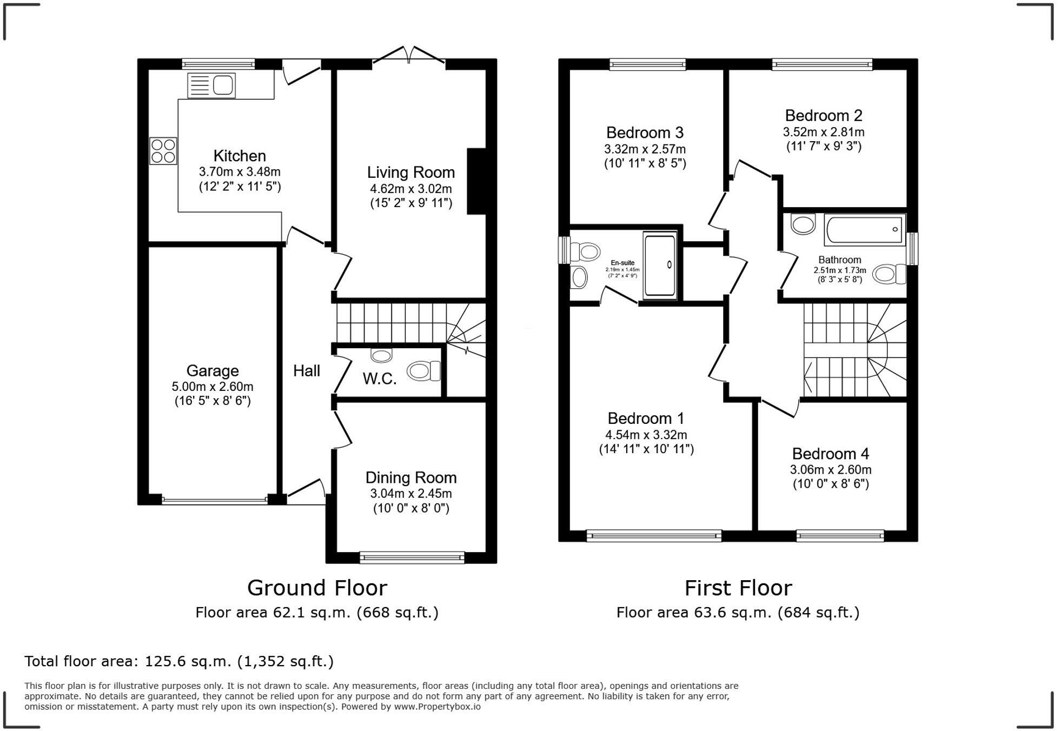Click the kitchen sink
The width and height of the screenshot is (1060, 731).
pos(211,85)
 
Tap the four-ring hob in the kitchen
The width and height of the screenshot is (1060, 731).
pos(163,151)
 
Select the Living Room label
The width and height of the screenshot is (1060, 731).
pos(411,172)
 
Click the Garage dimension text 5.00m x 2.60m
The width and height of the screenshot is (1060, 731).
pos(213,387)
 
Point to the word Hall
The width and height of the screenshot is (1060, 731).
pos(307,371)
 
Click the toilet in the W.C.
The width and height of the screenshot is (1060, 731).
pos(423,371)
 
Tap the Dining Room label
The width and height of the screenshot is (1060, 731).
pos(411,477)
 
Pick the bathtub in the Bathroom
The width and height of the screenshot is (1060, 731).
pos(865,230)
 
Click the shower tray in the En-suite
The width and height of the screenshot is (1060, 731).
pos(660,265)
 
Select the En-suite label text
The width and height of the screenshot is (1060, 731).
pos(622,263)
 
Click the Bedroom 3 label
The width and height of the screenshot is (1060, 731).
pos(645,132)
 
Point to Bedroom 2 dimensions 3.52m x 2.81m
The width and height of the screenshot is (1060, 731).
pos(824,132)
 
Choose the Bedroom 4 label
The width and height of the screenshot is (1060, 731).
pos(831,454)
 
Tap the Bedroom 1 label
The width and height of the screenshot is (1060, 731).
pos(646,418)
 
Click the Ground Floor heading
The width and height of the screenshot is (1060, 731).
pos(317,588)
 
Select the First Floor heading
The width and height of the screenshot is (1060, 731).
pos(738,588)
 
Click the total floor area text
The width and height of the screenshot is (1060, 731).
pos(179,661)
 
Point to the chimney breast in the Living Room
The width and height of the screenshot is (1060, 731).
pos(476,181)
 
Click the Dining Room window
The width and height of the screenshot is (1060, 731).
pos(412,557)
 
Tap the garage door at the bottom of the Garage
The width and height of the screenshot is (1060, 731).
pos(215,500)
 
